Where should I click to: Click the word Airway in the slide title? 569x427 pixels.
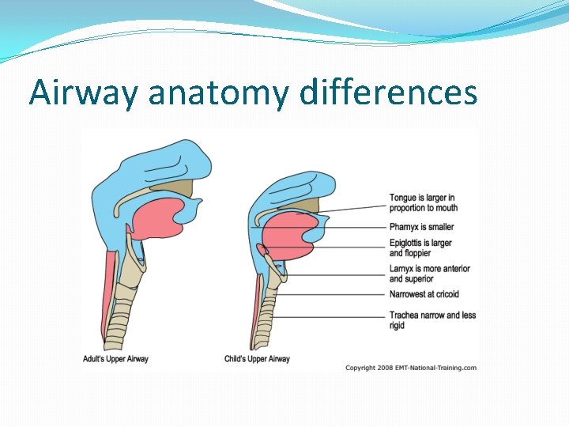(84, 93)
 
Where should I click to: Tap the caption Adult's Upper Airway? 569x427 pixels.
(115, 359)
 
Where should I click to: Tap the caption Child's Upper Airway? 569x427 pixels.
(257, 359)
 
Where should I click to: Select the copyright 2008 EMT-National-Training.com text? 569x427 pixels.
(411, 368)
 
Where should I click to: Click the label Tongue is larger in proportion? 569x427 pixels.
(423, 202)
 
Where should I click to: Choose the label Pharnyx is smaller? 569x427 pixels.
(421, 227)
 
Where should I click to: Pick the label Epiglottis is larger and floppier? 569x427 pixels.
(420, 248)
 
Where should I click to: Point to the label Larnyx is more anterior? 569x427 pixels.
(429, 274)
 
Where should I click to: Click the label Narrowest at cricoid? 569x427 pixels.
(424, 294)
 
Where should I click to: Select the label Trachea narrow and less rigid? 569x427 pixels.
(432, 320)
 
